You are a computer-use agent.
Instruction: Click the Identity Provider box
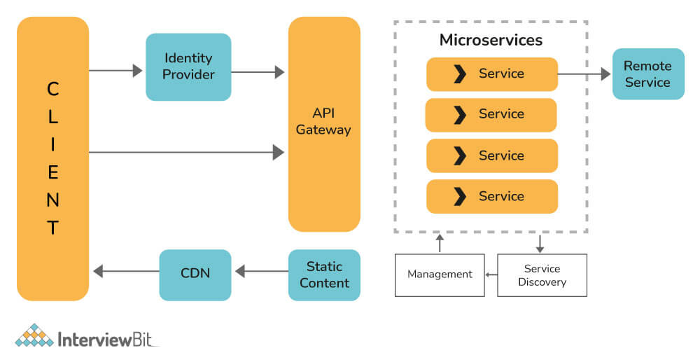(x=188, y=67)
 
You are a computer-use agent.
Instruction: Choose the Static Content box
(x=324, y=275)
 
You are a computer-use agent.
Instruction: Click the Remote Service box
(x=647, y=74)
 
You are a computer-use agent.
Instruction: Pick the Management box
(x=440, y=274)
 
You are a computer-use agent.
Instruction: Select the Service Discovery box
(x=542, y=275)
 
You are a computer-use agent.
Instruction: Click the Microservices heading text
(x=491, y=40)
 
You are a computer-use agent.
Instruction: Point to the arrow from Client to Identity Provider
(x=116, y=71)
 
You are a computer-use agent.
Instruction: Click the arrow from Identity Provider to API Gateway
(x=258, y=71)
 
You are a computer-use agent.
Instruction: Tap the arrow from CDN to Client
(x=127, y=270)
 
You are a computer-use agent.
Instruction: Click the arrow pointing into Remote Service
(x=584, y=73)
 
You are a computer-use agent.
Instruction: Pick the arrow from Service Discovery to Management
(x=491, y=274)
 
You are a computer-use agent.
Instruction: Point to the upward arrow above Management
(x=440, y=243)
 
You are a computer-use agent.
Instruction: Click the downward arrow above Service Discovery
(x=540, y=243)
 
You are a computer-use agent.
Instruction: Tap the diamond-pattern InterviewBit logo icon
(x=34, y=335)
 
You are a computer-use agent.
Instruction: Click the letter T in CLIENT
(x=53, y=228)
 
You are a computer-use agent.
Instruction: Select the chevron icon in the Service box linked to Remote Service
(x=459, y=74)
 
